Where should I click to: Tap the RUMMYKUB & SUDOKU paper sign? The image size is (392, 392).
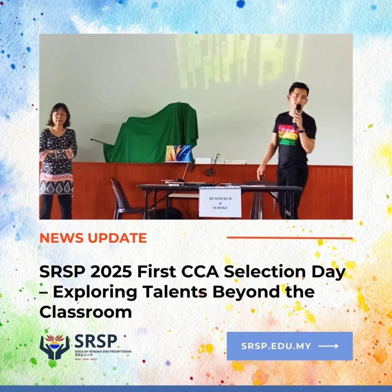[x=220, y=202]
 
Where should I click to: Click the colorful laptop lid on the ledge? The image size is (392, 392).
[x=178, y=153]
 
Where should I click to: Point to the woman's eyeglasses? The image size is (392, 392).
[x=59, y=114]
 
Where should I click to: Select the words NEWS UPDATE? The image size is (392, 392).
[x=93, y=238]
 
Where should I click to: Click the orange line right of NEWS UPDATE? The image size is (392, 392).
[x=289, y=238]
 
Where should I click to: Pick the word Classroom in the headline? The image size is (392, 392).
[x=85, y=312]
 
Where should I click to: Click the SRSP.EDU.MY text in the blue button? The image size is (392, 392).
[x=276, y=346]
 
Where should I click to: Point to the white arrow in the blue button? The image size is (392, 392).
[x=328, y=346]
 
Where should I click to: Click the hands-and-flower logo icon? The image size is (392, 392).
[x=54, y=346]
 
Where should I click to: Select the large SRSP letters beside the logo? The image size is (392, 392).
[x=96, y=341]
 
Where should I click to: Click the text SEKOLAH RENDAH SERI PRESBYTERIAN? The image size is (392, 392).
[x=103, y=351]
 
